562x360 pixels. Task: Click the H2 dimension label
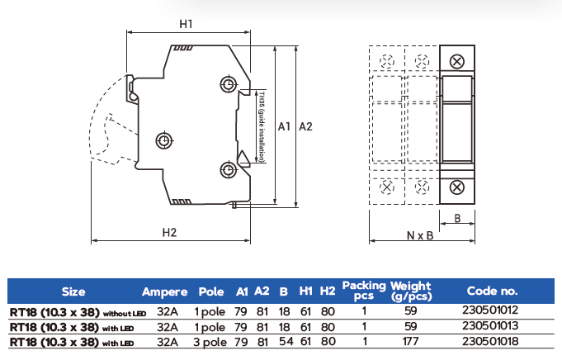[x=170, y=232]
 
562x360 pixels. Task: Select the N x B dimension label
[x=419, y=234]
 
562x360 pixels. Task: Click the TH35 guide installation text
[x=261, y=127]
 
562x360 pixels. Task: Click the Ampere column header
[x=165, y=291]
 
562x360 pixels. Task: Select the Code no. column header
[x=492, y=291]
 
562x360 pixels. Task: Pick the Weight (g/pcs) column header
[x=411, y=291]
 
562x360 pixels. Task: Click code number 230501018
[x=492, y=340]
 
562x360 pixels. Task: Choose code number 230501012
[x=492, y=312]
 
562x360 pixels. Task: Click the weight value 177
[x=410, y=340]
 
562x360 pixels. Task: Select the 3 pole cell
[x=210, y=340]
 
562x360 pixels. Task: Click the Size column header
[x=73, y=291]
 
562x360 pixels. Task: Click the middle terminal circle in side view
[x=164, y=140]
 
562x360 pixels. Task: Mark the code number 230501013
[x=492, y=326]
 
